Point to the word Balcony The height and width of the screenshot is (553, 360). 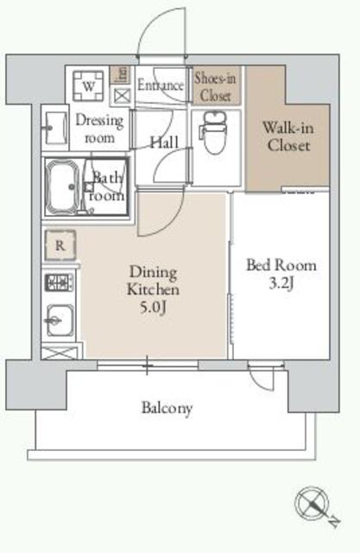(167, 408)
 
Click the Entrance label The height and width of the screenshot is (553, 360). (160, 86)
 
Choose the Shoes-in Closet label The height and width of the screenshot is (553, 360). (216, 86)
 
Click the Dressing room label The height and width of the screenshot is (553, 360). (99, 129)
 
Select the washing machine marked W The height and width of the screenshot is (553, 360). (89, 86)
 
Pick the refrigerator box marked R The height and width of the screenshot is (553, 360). (59, 245)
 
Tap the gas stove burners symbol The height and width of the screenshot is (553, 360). (59, 282)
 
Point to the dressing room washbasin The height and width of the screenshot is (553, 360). (54, 128)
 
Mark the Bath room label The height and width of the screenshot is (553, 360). (110, 187)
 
